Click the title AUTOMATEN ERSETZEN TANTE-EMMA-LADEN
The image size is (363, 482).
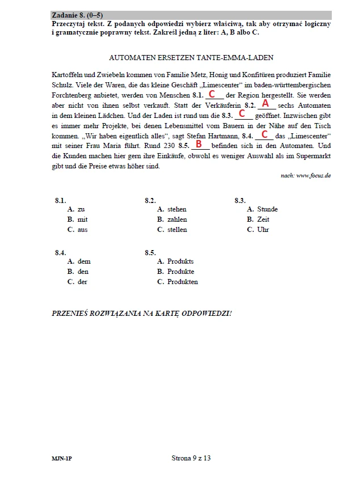coord(190,57)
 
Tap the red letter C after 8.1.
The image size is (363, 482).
coord(212,93)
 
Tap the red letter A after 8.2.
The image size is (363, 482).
coord(265,104)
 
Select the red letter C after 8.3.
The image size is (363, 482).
coord(242,114)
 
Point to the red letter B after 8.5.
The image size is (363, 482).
coord(199,144)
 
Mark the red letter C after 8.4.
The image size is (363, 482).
coord(264,134)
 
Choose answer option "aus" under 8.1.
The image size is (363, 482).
coord(82,230)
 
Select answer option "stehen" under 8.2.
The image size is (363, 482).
coord(176,209)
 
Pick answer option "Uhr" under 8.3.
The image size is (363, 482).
coord(263,230)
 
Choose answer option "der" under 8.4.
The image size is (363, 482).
coord(82,282)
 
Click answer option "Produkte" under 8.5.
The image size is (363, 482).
coord(180,272)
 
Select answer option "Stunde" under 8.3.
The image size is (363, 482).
coord(267,209)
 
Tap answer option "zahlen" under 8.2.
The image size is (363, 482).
coord(176,219)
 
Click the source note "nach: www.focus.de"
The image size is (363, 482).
coord(305,176)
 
